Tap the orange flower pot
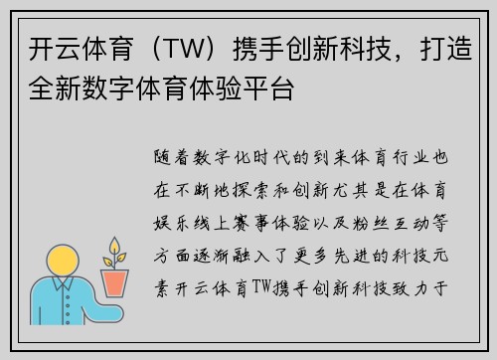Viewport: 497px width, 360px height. [117, 282]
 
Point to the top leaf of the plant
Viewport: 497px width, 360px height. [116, 243]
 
